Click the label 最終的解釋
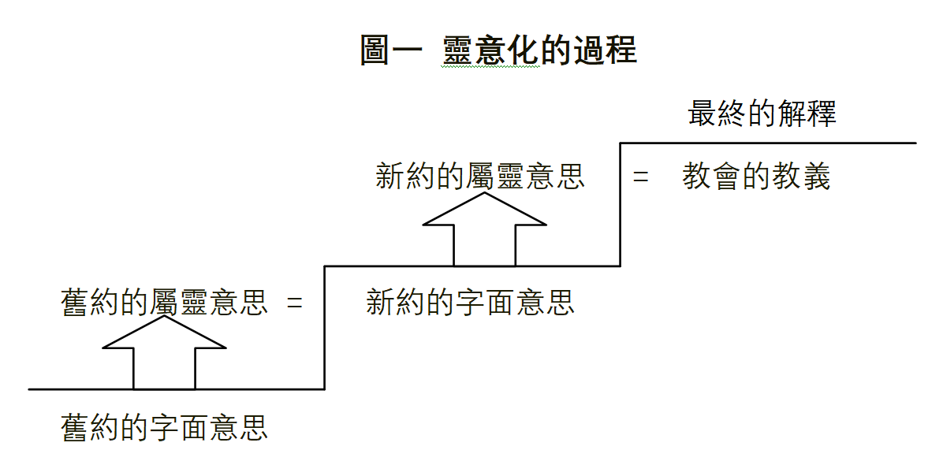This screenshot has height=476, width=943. point(762,114)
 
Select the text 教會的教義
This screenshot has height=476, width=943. point(756,177)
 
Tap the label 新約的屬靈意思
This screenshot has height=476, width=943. point(480,177)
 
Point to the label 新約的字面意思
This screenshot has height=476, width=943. point(470,302)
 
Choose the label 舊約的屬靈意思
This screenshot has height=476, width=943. point(165,303)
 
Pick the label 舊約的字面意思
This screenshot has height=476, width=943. point(165,427)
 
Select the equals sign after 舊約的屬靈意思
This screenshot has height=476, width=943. point(294,303)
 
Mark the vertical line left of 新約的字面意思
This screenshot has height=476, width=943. point(325,327)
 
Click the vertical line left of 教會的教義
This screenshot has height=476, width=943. point(621,205)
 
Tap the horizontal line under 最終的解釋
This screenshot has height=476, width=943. point(769,143)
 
